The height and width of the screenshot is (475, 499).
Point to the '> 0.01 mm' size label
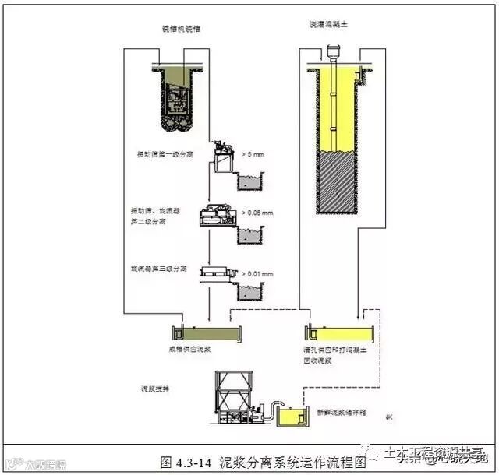click(x=260, y=274)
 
